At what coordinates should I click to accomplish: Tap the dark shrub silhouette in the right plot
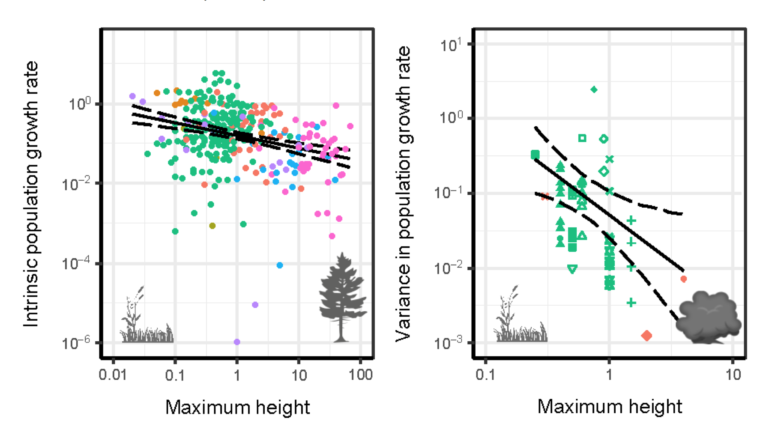pos(708,317)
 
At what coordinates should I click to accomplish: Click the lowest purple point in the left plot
pos(237,342)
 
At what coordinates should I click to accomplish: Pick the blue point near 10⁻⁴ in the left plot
pos(280,265)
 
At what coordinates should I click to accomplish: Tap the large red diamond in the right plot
pos(647,336)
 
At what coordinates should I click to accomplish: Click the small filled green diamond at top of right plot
pos(594,89)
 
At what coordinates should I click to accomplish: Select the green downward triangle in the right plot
pos(572,269)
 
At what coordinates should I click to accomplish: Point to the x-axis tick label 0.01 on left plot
pos(113,375)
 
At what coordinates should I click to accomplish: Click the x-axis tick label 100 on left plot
pos(360,375)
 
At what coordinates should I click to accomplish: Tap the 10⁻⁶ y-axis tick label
pos(76,343)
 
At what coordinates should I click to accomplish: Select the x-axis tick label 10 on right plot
pos(733,375)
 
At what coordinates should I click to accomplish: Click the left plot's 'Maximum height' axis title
pos(237,407)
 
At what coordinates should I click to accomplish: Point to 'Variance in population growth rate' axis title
pos(403,194)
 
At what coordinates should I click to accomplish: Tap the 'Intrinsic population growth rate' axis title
pos(31,194)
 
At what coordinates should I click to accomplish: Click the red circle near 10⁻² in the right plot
pos(684,279)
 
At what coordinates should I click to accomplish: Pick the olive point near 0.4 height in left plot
pos(212,226)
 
